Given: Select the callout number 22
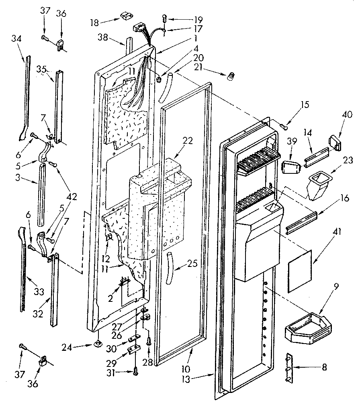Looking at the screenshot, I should tap(188, 141).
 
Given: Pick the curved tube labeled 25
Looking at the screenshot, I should tap(169, 267).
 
